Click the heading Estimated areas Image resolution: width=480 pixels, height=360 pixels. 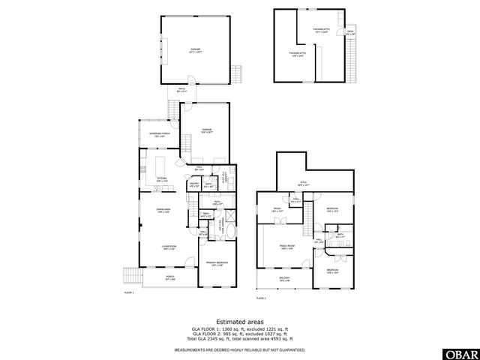tap(240, 322)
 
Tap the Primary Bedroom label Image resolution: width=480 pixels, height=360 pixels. tap(217, 262)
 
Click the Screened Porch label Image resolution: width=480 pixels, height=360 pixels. tap(157, 136)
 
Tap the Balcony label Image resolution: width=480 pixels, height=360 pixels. tap(285, 279)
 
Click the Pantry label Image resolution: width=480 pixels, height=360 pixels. tap(193, 183)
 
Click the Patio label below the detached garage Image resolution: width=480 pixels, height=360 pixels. tap(181, 91)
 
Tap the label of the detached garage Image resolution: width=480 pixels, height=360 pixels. tap(196, 49)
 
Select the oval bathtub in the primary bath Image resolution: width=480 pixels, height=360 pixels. tap(229, 231)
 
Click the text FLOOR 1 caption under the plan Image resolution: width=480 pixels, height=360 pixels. tap(128, 292)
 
